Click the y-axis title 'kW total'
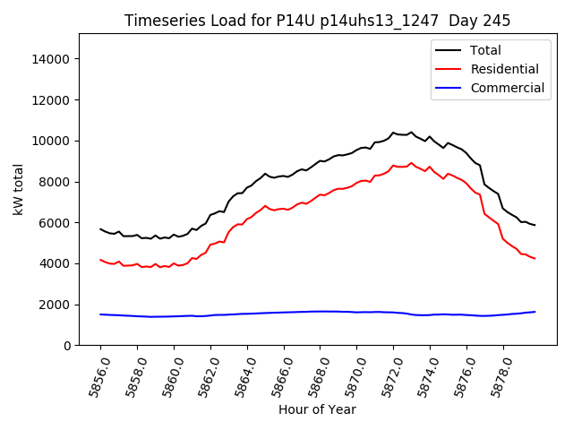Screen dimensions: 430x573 coord(19,189)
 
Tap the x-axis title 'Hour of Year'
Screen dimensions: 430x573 coord(317,409)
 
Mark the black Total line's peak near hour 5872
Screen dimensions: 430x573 coord(393,133)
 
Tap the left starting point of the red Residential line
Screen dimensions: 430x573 coord(100,260)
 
